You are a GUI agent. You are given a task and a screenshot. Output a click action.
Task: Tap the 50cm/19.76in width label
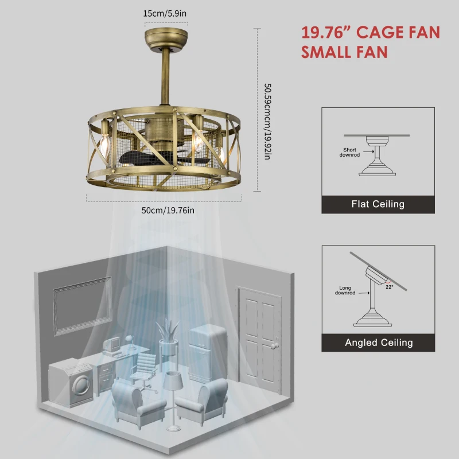pos(168,210)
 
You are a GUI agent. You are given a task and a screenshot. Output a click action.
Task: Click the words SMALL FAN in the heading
pos(344,52)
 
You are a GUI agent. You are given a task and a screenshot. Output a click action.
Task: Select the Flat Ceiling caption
pos(378,204)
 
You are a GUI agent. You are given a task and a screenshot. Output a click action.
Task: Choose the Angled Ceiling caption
pos(379,343)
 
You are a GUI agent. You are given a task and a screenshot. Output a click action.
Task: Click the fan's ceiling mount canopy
pos(166,39)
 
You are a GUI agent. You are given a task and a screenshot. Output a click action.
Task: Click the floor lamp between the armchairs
pos(172,396)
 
